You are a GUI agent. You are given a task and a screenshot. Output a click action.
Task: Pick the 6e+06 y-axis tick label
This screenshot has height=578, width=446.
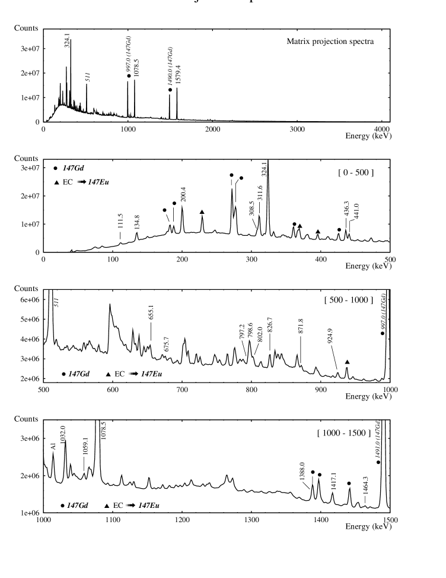(x=27, y=300)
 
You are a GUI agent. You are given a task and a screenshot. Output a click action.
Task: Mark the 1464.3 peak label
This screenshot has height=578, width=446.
(x=366, y=491)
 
